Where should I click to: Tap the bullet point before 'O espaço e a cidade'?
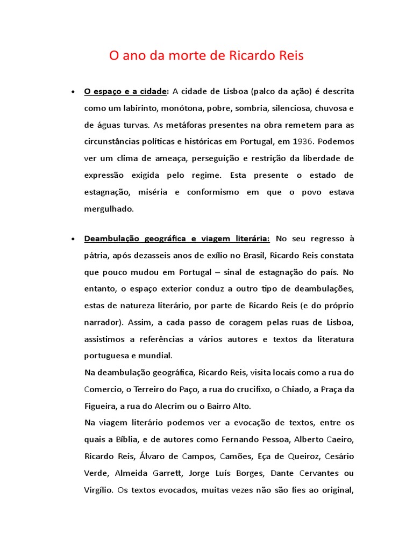coord(72,92)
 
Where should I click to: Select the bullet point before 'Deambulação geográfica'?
coord(72,238)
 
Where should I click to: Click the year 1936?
coord(304,142)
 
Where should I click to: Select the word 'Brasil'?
coord(251,255)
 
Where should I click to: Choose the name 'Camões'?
coord(236,456)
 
